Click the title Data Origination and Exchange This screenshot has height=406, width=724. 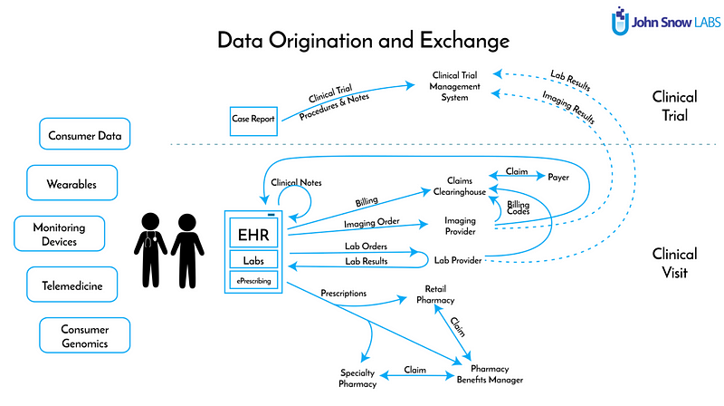pyautogui.click(x=363, y=42)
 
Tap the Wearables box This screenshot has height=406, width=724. pyautogui.click(x=71, y=184)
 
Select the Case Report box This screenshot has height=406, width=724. pyautogui.click(x=252, y=118)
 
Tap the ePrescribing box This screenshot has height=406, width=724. pyautogui.click(x=256, y=281)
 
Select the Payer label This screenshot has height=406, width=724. pyautogui.click(x=559, y=178)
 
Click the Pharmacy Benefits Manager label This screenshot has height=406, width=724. pyautogui.click(x=490, y=374)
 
